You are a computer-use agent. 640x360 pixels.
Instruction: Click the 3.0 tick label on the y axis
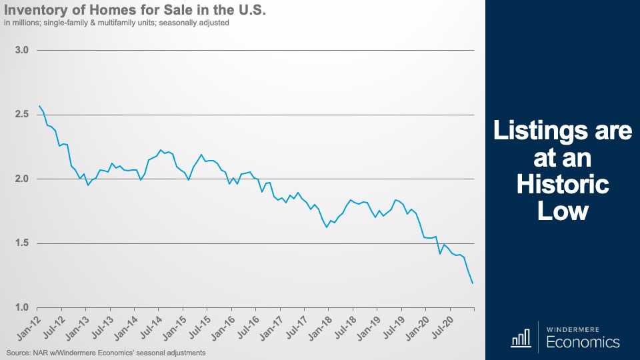pyautogui.click(x=21, y=50)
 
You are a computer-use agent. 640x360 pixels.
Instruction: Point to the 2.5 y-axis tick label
pyautogui.click(x=21, y=115)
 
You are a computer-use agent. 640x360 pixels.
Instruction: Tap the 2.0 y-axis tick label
pyautogui.click(x=21, y=179)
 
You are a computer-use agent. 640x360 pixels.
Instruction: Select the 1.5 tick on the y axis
pyautogui.click(x=21, y=243)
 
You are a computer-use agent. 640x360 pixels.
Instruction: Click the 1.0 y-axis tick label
pyautogui.click(x=21, y=307)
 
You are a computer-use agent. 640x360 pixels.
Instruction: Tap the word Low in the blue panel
pyautogui.click(x=563, y=211)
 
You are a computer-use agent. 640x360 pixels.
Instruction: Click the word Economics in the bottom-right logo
pyautogui.click(x=583, y=343)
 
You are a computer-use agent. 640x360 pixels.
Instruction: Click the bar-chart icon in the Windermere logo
pyautogui.click(x=521, y=339)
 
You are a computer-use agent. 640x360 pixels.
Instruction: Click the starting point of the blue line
pyautogui.click(x=39, y=106)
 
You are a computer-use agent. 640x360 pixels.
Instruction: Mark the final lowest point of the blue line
pyautogui.click(x=473, y=283)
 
